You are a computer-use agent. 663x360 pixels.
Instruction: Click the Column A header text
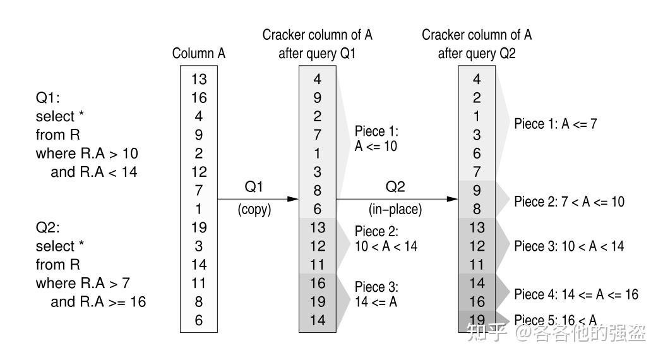tap(199, 53)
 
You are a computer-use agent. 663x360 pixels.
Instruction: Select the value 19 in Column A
tap(199, 227)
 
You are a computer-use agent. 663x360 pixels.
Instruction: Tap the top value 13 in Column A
tap(199, 79)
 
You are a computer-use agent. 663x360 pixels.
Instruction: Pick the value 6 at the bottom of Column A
tap(199, 320)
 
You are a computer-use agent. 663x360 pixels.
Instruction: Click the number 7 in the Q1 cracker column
tap(318, 135)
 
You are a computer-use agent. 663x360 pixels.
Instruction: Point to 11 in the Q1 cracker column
tap(318, 265)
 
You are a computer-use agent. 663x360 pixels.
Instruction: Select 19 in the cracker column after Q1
tap(318, 302)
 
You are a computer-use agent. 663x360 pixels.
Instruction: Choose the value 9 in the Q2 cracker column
tap(477, 190)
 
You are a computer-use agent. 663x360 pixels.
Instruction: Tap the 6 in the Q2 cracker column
tap(477, 153)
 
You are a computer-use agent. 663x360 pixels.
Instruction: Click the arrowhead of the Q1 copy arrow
tap(294, 199)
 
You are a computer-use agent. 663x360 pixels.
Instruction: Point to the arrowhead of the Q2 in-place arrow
tap(453, 199)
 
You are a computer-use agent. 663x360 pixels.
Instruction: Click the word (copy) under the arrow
tap(254, 210)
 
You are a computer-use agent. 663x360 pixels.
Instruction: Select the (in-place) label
tap(395, 210)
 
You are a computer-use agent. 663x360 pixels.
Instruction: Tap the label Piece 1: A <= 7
tap(556, 124)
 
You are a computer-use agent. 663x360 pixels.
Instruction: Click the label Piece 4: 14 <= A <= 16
tap(576, 294)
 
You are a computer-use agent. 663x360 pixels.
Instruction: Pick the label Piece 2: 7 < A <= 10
tap(569, 201)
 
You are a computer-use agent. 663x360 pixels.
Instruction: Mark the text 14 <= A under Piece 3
tap(376, 302)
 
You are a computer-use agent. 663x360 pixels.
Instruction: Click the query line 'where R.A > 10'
tap(87, 153)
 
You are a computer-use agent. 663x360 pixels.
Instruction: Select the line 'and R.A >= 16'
tap(99, 302)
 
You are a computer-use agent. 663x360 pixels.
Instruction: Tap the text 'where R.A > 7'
tap(83, 284)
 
